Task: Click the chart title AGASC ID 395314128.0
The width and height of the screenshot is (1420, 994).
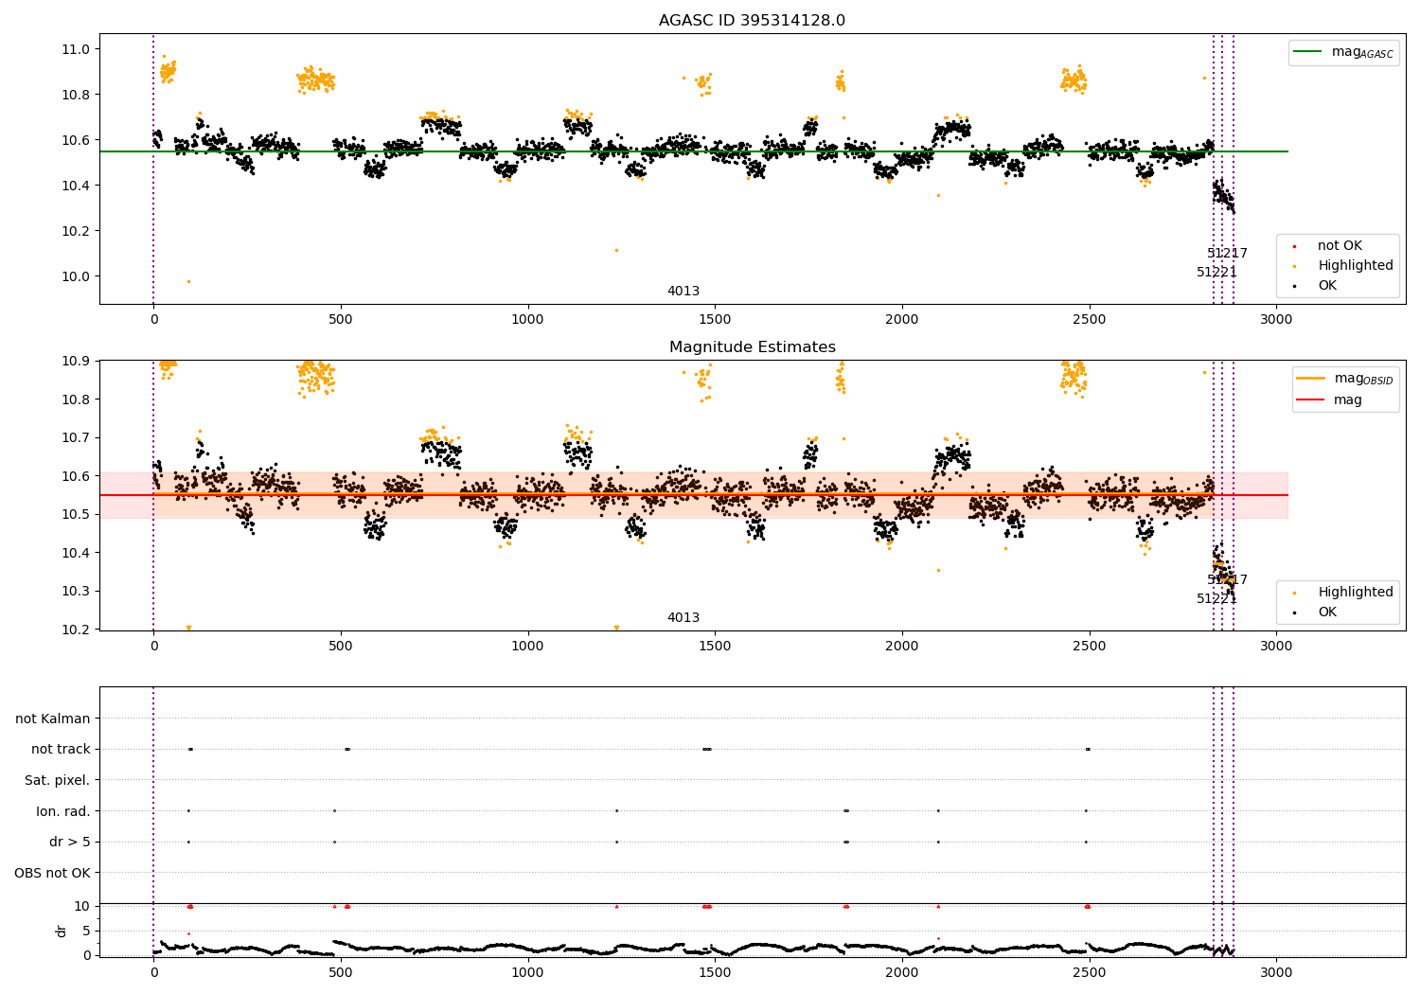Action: click(752, 21)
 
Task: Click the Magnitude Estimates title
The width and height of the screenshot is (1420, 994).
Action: click(752, 347)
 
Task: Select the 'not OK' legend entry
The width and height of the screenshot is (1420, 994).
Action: click(1339, 246)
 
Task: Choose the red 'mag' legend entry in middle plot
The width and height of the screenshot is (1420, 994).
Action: click(1347, 399)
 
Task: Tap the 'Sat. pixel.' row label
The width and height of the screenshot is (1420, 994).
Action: click(57, 780)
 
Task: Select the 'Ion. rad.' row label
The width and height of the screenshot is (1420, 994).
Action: click(62, 811)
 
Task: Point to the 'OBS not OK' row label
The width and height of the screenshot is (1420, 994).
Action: click(52, 873)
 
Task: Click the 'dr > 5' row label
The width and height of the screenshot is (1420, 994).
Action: click(69, 842)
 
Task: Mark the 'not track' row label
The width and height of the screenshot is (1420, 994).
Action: click(61, 749)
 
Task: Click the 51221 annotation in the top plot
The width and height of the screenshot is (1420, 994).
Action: click(1216, 273)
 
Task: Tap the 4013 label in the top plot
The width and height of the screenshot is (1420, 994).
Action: click(683, 292)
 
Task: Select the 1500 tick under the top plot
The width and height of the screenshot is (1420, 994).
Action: click(714, 319)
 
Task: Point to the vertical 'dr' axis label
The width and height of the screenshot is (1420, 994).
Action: click(62, 931)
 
